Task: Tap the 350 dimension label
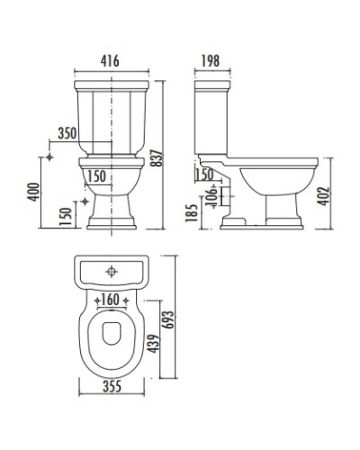[x=66, y=132]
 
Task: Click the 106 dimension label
[x=211, y=194]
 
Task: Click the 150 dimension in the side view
[x=205, y=174]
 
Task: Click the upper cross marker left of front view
[x=50, y=156]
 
